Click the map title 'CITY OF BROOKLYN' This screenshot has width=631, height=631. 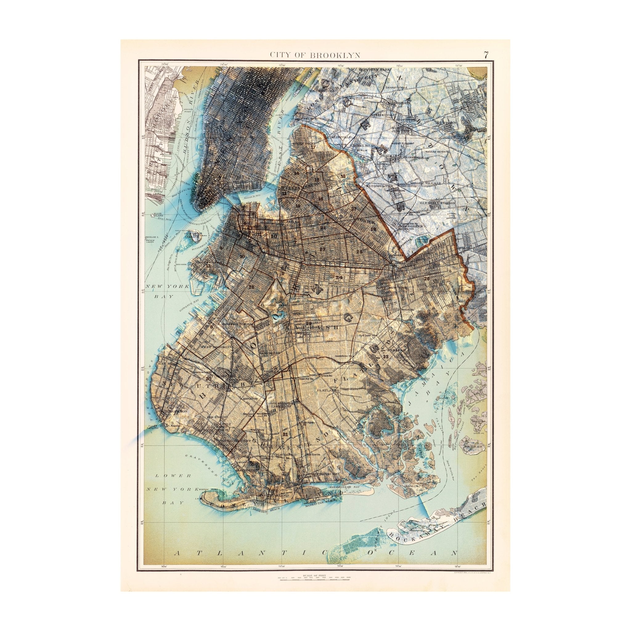tap(315, 55)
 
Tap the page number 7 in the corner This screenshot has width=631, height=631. tap(486, 55)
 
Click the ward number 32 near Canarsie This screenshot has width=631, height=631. tap(386, 356)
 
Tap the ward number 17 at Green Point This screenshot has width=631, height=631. tap(313, 147)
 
